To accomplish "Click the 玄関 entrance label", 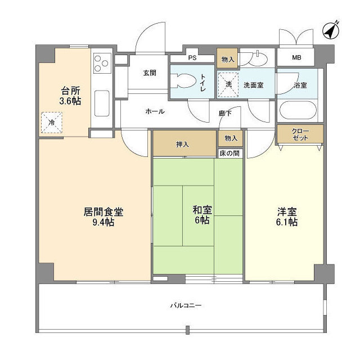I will coord(149,73).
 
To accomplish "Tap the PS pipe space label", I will coord(192,58).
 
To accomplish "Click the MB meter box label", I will coord(296,58).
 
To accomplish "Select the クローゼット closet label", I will coord(300,134).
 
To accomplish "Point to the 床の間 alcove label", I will coord(230,153).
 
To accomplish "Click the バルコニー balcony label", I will coord(186,305).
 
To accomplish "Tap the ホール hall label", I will coord(155,111).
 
